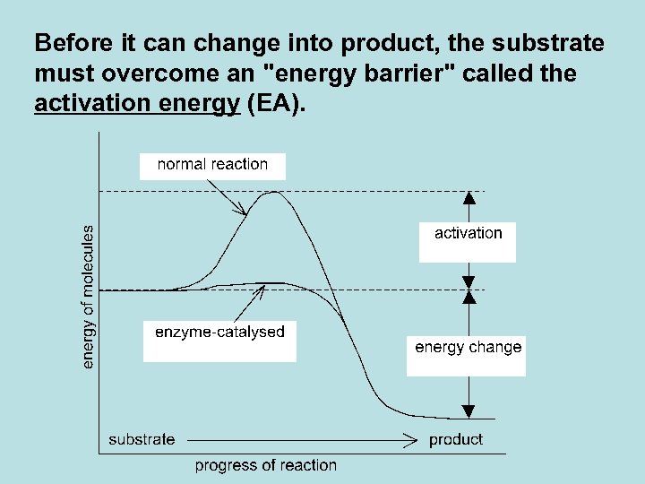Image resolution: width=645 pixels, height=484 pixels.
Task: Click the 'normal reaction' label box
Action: pos(212,165)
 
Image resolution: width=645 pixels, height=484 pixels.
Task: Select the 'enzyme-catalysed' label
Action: pos(219,333)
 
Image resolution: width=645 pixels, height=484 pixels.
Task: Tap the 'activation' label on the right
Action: pos(468,234)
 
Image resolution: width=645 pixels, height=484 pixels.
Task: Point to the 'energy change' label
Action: pos(468,348)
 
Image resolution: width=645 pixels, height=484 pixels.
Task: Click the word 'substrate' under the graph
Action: pos(142,439)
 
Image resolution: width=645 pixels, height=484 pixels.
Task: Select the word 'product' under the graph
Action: pos(455,439)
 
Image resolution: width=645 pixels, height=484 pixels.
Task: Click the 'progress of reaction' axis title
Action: pos(265,465)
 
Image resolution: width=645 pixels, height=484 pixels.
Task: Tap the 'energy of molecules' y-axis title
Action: pos(88,296)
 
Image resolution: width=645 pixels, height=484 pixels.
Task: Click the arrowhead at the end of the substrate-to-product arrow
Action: pos(412,440)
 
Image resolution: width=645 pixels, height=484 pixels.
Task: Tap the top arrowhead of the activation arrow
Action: pos(468,197)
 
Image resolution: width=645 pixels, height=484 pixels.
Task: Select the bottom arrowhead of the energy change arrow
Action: pos(468,411)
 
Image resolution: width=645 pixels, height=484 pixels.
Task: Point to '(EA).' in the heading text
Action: pos(276,103)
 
